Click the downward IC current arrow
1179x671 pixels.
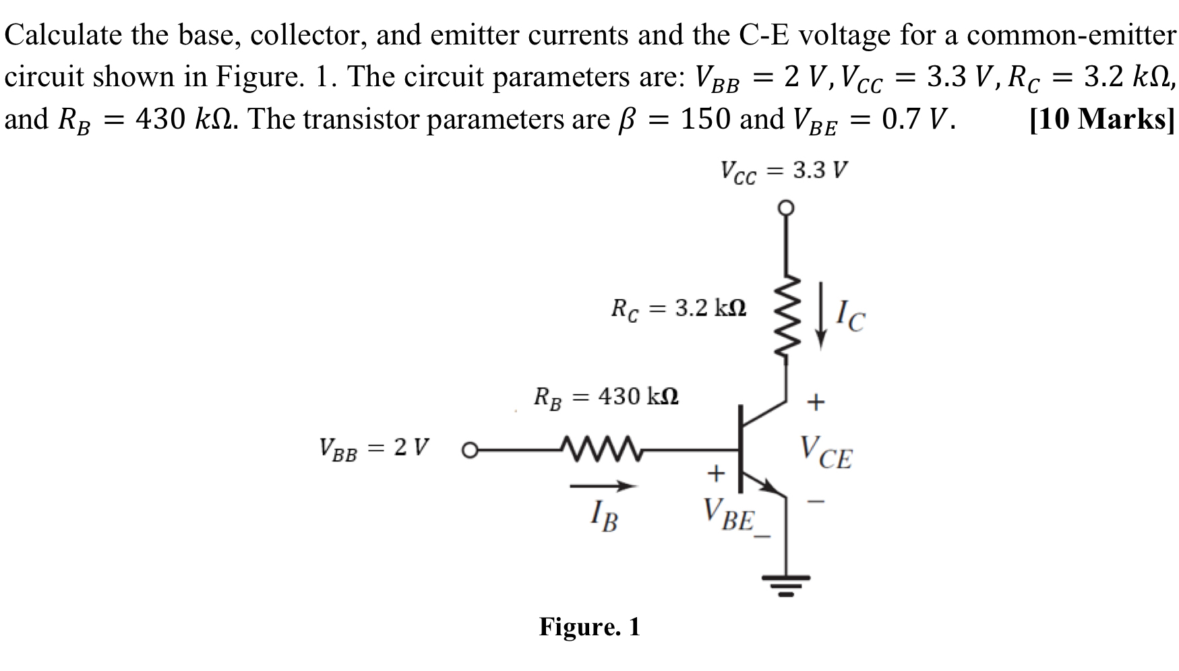point(821,315)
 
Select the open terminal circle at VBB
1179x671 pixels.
point(470,449)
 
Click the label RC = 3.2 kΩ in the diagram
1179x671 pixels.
point(678,309)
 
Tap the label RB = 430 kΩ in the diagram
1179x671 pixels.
point(606,397)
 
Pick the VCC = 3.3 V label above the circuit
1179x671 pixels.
point(785,171)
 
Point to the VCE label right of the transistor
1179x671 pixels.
point(826,453)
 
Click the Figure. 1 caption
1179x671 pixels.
point(589,627)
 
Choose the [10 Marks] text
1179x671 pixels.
point(1103,119)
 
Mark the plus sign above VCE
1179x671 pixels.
point(816,403)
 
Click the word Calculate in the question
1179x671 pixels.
point(63,34)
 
